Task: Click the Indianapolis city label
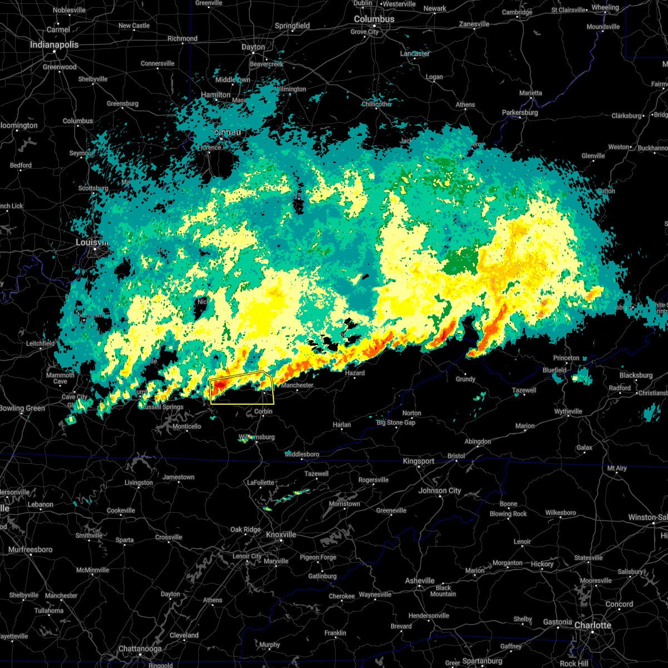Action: pyautogui.click(x=54, y=45)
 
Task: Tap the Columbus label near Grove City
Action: pyautogui.click(x=374, y=19)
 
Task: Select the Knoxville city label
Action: pyautogui.click(x=281, y=534)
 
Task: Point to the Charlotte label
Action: pyautogui.click(x=592, y=625)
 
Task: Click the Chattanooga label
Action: pyautogui.click(x=140, y=649)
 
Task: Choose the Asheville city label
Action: pyautogui.click(x=420, y=581)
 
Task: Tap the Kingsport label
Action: pyautogui.click(x=419, y=461)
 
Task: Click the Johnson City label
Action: pyautogui.click(x=440, y=490)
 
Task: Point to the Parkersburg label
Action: pyautogui.click(x=520, y=112)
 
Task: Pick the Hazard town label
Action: pyautogui.click(x=355, y=373)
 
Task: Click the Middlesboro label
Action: pyautogui.click(x=302, y=454)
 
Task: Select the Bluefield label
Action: pyautogui.click(x=554, y=370)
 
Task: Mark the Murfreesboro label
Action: pyautogui.click(x=31, y=549)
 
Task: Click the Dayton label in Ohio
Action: pyautogui.click(x=253, y=47)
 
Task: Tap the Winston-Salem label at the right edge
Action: pyautogui.click(x=647, y=517)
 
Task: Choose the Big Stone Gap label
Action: pyautogui.click(x=396, y=423)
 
